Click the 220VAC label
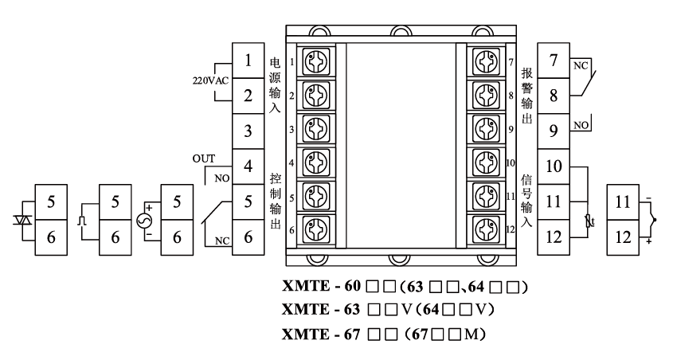tap(209, 80)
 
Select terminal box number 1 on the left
tap(248, 61)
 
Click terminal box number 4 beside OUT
tap(248, 166)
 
